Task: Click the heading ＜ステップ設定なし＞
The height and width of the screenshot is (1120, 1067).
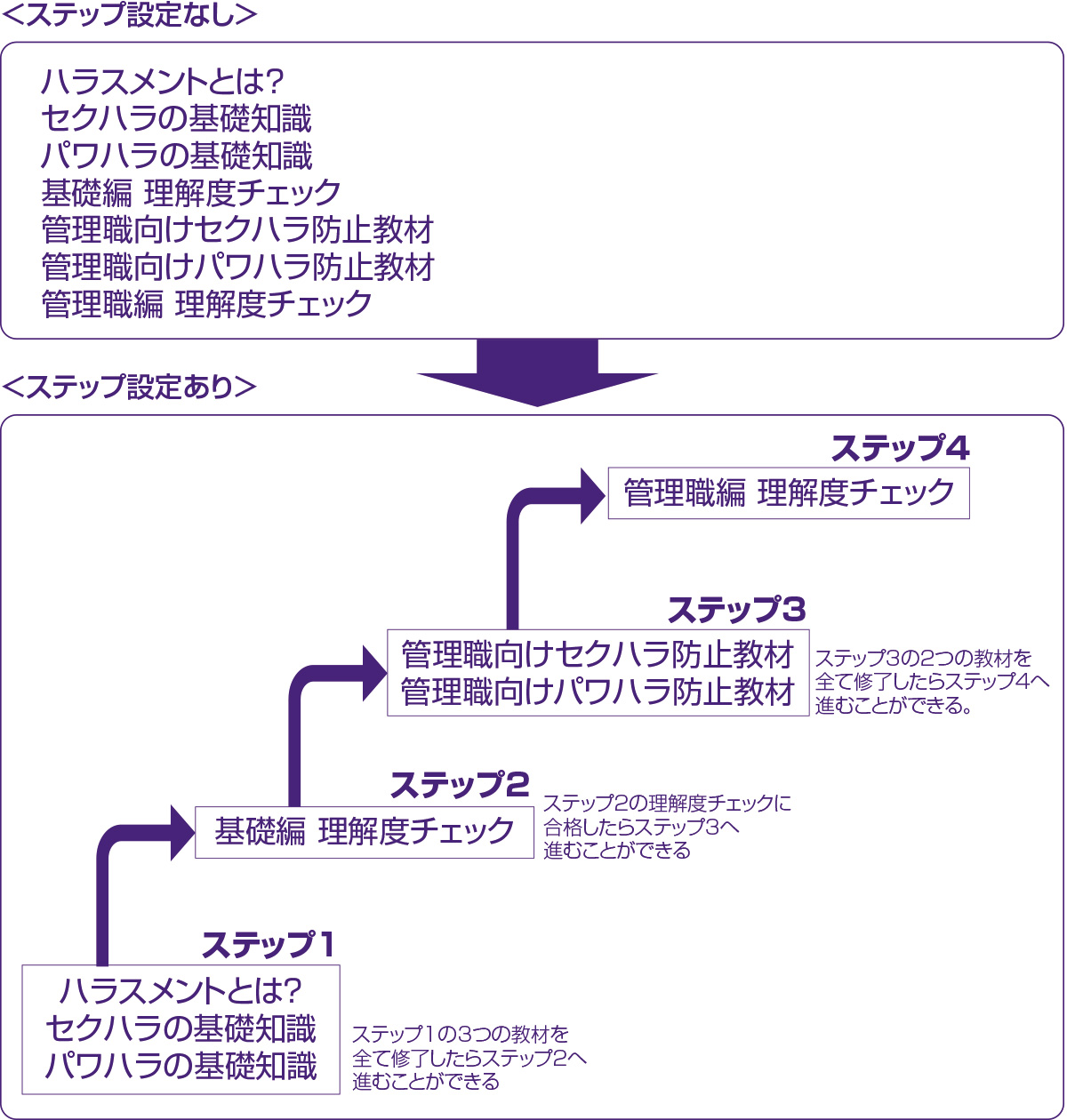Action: point(131,17)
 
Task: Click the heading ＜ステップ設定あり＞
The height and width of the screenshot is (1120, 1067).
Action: point(131,388)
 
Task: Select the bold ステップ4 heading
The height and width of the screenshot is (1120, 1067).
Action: point(900,449)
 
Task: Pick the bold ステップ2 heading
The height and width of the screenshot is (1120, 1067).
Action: point(459,785)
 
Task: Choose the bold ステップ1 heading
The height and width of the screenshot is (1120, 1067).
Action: point(268,945)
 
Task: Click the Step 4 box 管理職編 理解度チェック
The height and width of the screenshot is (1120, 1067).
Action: point(789,492)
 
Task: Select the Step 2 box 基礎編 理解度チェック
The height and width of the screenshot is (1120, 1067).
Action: point(365,832)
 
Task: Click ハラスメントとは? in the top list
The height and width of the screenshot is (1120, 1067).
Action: point(162,83)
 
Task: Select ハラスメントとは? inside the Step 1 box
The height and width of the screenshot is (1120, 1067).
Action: point(181,990)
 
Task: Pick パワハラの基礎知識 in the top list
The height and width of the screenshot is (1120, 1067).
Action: point(177,156)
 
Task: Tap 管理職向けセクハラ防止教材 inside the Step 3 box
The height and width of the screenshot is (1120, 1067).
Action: point(597,655)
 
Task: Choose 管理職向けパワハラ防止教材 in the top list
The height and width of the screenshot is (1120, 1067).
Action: point(237,267)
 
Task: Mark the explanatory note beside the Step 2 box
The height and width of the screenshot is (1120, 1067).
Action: point(667,827)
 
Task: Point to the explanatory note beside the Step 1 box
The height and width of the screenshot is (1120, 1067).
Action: point(469,1058)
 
